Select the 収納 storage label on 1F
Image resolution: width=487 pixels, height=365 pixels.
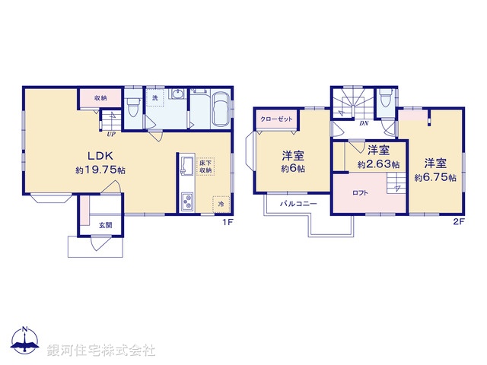pos(101,99)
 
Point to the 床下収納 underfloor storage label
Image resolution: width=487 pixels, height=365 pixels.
pos(207,167)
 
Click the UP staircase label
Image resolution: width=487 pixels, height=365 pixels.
pos(111,134)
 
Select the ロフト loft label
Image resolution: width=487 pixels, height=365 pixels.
pos(361,193)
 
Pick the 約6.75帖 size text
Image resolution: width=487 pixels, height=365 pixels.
pos(435,177)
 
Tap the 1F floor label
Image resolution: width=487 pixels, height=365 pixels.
pos(227,222)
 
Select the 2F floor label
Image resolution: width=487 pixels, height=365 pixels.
pos(458,222)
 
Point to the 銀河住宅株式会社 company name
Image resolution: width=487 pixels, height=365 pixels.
pos(101,351)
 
